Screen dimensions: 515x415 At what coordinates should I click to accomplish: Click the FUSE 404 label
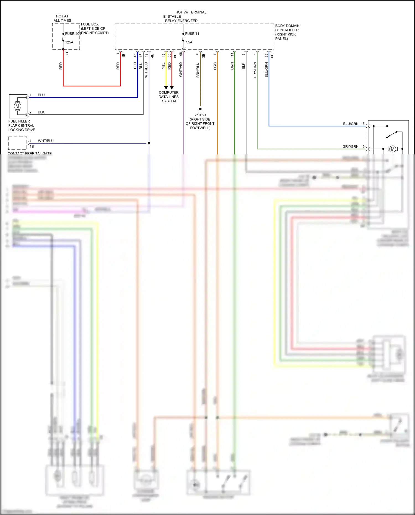73,34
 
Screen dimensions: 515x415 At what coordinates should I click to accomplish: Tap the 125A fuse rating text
69,42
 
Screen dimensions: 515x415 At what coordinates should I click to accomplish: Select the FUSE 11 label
192,34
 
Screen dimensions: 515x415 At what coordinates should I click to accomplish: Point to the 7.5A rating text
189,42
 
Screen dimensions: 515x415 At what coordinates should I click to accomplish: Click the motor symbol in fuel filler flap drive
17,106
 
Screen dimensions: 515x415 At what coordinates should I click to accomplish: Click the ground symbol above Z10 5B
200,110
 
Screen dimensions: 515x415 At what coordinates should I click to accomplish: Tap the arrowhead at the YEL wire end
166,88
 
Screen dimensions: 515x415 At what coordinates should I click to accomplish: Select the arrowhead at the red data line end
172,88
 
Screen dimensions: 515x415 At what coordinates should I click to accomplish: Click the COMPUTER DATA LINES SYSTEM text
169,97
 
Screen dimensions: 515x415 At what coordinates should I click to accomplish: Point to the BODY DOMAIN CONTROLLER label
287,32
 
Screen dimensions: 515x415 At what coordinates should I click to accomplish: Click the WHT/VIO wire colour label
181,69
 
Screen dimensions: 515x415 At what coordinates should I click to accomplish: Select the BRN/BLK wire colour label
198,70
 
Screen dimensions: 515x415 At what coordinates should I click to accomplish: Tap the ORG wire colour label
215,66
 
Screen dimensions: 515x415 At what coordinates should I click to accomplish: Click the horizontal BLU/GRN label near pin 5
351,124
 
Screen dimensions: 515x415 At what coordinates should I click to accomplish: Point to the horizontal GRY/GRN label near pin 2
350,146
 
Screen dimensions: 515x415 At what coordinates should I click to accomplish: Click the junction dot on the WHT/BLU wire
149,143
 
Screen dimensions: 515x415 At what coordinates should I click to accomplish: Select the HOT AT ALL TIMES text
62,18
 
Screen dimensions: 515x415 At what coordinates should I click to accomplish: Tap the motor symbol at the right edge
392,149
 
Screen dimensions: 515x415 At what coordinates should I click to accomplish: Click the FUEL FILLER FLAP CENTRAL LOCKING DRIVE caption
22,125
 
